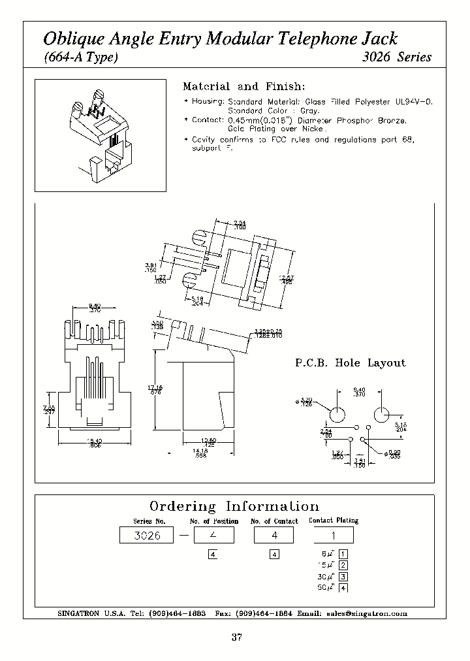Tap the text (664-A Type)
pyautogui.click(x=80, y=57)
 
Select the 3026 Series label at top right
pyautogui.click(x=396, y=57)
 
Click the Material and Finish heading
pyautogui.click(x=243, y=87)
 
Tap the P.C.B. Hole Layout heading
pyautogui.click(x=349, y=363)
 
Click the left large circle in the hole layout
pyautogui.click(x=337, y=415)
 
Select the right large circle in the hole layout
pyautogui.click(x=382, y=415)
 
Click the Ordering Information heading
pyautogui.click(x=234, y=507)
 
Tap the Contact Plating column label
pyautogui.click(x=334, y=521)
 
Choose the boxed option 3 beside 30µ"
pyautogui.click(x=343, y=576)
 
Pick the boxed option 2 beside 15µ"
pyautogui.click(x=343, y=565)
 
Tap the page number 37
pyautogui.click(x=236, y=637)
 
